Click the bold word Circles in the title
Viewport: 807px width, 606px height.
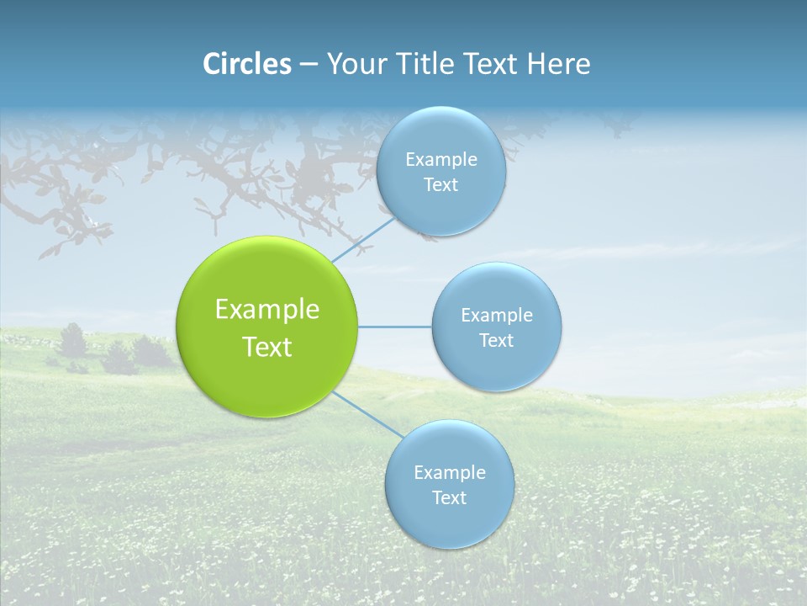tap(246, 64)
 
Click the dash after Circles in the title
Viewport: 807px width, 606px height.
tap(309, 65)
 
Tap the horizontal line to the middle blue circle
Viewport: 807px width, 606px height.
tap(394, 327)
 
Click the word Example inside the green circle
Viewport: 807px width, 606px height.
tap(267, 310)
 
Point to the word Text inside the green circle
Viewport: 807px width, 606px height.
tap(267, 347)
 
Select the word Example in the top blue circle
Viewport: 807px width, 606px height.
tap(441, 160)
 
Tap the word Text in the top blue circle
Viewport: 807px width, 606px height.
tap(440, 185)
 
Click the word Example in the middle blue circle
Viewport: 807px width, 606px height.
tap(497, 316)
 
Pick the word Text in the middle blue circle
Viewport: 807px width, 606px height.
tap(496, 340)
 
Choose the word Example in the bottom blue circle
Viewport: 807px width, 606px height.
tap(450, 473)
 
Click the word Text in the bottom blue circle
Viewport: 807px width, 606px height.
tap(449, 498)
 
